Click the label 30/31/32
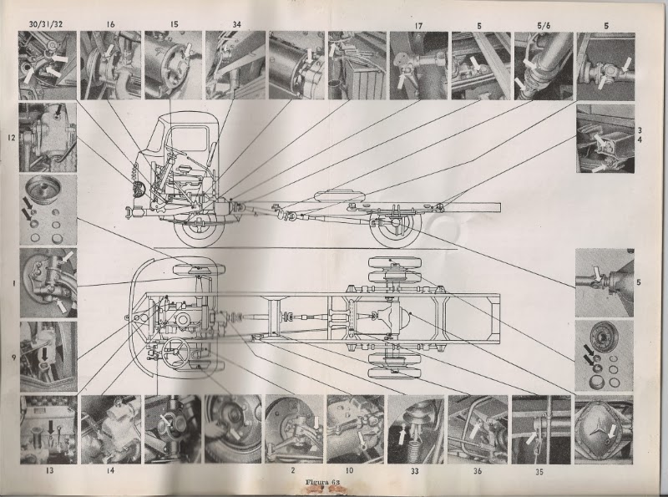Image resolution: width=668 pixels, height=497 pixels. [x=46, y=24]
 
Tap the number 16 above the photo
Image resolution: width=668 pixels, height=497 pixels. [x=110, y=24]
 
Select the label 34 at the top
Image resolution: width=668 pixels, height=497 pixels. [x=236, y=24]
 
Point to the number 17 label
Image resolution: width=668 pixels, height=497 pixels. [x=418, y=26]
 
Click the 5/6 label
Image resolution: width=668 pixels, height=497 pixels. [x=544, y=26]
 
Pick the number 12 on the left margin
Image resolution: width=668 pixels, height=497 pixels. [x=12, y=138]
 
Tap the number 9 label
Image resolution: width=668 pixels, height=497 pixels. [x=14, y=358]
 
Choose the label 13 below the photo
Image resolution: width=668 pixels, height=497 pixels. [x=50, y=471]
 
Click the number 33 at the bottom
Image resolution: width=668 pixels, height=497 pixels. [x=414, y=471]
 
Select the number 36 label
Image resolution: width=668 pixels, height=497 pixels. [x=477, y=471]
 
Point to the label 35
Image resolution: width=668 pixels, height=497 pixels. [x=539, y=472]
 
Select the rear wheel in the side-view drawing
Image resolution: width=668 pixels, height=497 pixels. [x=395, y=229]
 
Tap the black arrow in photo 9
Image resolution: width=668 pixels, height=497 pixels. [x=44, y=352]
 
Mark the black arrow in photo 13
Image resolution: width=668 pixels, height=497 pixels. [x=51, y=428]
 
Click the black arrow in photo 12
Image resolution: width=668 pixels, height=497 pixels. [x=58, y=110]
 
